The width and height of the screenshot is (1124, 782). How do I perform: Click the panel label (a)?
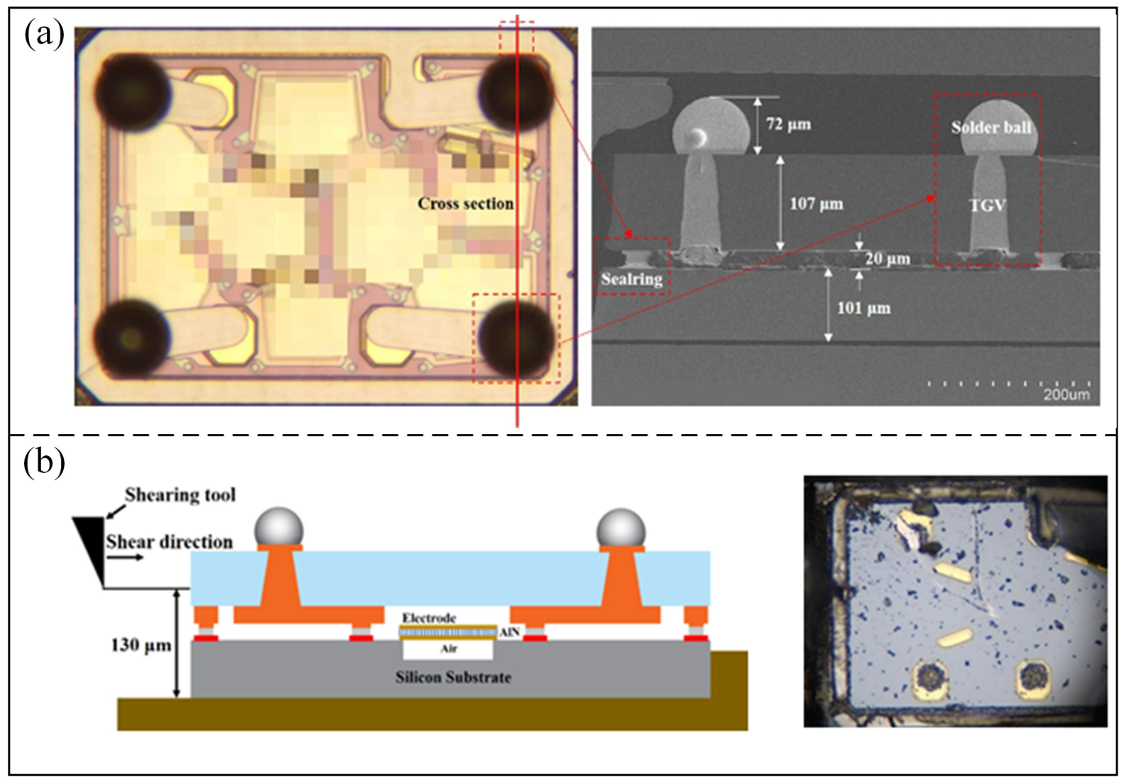point(45,34)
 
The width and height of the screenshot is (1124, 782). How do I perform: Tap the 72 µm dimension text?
point(788,124)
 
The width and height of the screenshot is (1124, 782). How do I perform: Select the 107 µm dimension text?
point(817,204)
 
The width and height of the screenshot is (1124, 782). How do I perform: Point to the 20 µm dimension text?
point(888,259)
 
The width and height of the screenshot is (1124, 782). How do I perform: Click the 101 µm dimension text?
point(863,308)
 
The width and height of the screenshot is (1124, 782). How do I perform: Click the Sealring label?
point(632,278)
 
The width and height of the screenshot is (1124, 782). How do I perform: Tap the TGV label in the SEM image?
point(988,205)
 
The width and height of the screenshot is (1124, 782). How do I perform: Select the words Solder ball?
point(991,127)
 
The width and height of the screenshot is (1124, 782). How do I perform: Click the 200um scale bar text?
point(1066,394)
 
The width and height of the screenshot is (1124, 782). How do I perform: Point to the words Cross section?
point(466,203)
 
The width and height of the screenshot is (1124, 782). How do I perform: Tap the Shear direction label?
point(169,542)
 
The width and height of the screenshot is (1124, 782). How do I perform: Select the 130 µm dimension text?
point(141,645)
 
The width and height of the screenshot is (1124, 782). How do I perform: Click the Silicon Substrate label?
point(453,677)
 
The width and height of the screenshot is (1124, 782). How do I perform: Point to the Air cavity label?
point(449,648)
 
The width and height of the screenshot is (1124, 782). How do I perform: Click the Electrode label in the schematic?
point(429,617)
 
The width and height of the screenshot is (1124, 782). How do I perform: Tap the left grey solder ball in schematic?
point(279,528)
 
